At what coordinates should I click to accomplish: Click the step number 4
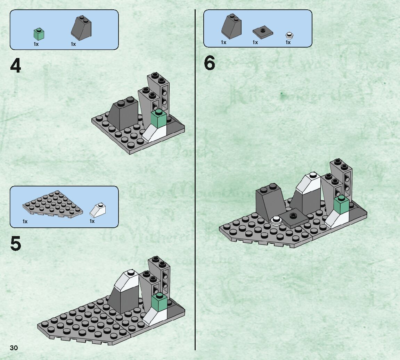(x=16, y=66)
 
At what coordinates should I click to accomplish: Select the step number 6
(x=210, y=63)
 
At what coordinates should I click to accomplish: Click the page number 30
(x=14, y=348)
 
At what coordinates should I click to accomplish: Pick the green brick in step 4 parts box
(x=39, y=34)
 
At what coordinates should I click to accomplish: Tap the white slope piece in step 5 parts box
(x=98, y=209)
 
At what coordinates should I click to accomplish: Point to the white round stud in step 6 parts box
(x=289, y=35)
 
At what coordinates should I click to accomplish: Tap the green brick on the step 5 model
(x=160, y=302)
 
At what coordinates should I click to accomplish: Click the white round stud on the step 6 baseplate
(x=277, y=220)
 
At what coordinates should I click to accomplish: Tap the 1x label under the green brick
(x=36, y=44)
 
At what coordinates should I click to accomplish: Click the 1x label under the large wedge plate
(x=25, y=221)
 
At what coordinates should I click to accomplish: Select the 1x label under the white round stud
(x=288, y=42)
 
